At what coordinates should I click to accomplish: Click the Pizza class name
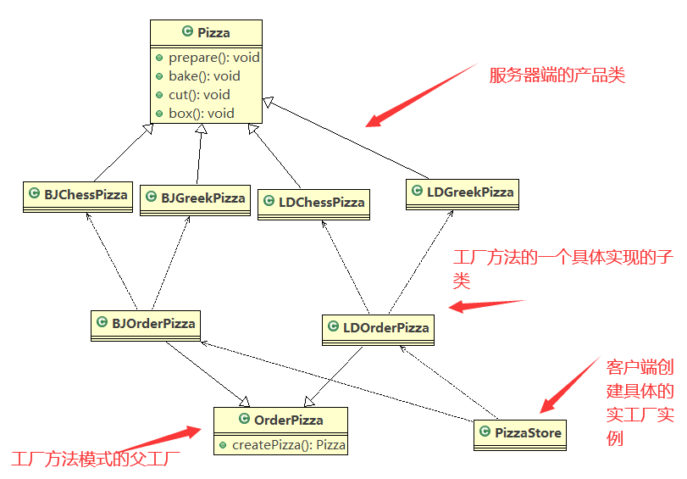213,33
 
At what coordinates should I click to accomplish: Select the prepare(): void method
213,58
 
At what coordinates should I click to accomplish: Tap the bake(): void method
204,76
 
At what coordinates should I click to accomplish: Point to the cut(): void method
199,95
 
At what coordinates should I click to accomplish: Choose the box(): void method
202,113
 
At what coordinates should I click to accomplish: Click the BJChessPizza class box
78,196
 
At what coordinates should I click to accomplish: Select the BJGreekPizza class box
195,199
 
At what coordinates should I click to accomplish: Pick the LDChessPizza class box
313,203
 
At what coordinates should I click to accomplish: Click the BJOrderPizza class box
145,325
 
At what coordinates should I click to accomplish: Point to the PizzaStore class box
520,435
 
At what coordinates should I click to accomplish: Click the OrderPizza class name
289,420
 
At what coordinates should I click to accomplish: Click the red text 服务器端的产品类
557,75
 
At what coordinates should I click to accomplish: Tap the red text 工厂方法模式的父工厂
95,460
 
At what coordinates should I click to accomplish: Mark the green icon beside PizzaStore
485,433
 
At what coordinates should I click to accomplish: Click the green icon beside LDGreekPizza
417,192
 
